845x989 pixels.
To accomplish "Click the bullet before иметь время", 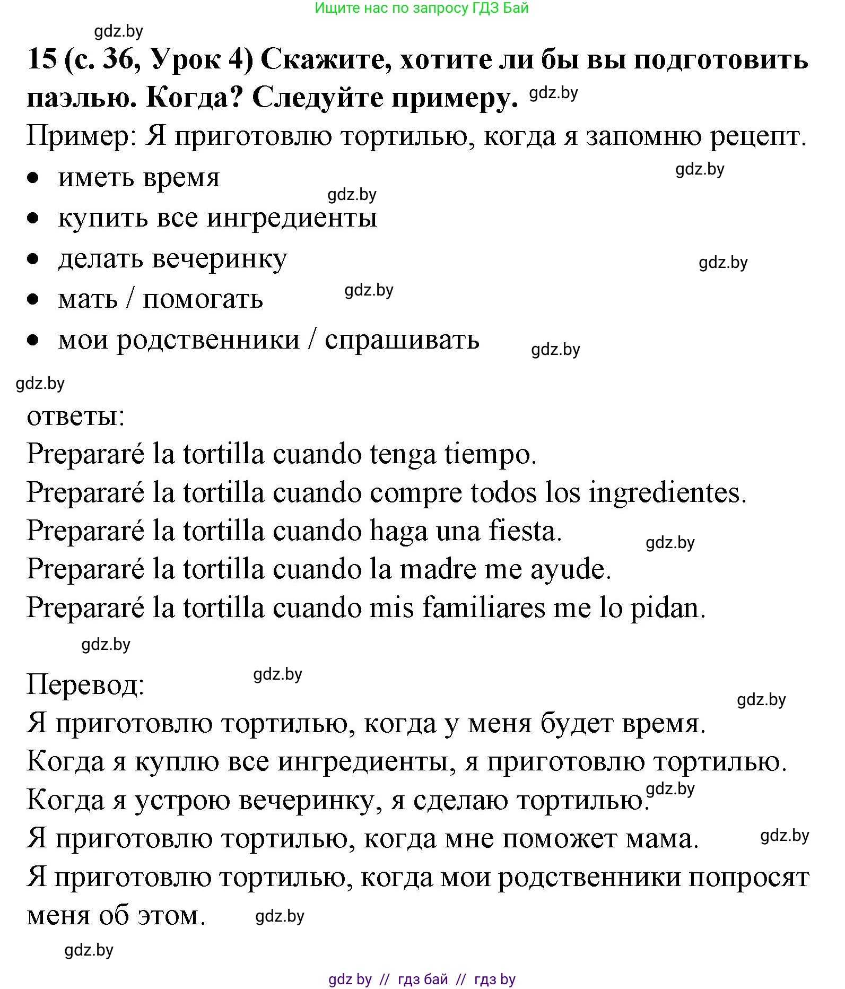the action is coord(33,178).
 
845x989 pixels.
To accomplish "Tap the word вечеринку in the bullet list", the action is coord(220,259).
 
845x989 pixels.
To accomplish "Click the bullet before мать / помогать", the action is coord(33,299).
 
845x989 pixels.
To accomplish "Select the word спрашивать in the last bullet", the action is coord(402,340).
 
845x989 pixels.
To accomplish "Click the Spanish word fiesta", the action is coord(525,531).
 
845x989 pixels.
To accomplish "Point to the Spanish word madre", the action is coord(438,569).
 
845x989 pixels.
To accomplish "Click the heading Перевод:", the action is coord(85,684).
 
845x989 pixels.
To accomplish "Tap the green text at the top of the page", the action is coord(422,8).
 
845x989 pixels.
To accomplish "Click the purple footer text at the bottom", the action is coord(422,979).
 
